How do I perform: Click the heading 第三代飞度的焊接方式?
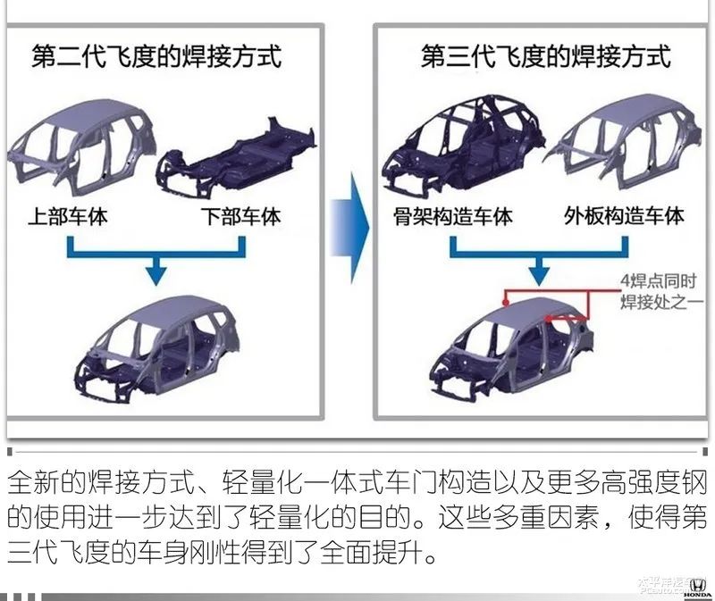click(545, 56)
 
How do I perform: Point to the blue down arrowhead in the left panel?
click(156, 269)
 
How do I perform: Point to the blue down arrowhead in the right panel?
click(540, 269)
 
